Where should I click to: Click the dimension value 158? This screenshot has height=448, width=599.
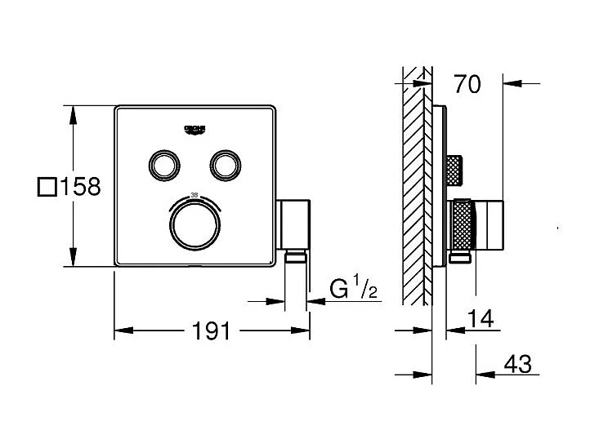point(79,186)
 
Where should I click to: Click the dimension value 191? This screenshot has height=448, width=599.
point(210,331)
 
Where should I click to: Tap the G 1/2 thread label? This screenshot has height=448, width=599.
point(353,289)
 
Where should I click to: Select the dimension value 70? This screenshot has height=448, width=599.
point(468,82)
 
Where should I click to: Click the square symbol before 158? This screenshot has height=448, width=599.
point(47,187)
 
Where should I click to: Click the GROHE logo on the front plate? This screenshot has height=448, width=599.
point(195,130)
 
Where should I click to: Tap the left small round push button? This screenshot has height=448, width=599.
point(163,165)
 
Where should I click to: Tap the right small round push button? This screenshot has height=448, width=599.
point(225,165)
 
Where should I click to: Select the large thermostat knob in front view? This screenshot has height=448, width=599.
point(194,224)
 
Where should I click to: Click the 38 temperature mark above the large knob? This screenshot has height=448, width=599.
point(194,194)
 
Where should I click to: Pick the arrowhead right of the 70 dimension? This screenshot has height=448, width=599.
point(508,82)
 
